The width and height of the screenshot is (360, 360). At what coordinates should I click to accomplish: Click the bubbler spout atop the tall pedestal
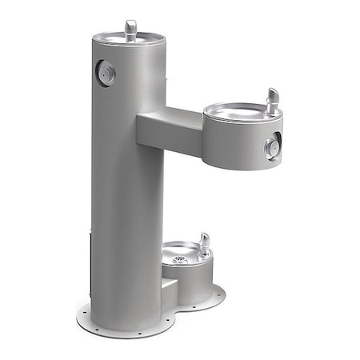pyautogui.click(x=131, y=29)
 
